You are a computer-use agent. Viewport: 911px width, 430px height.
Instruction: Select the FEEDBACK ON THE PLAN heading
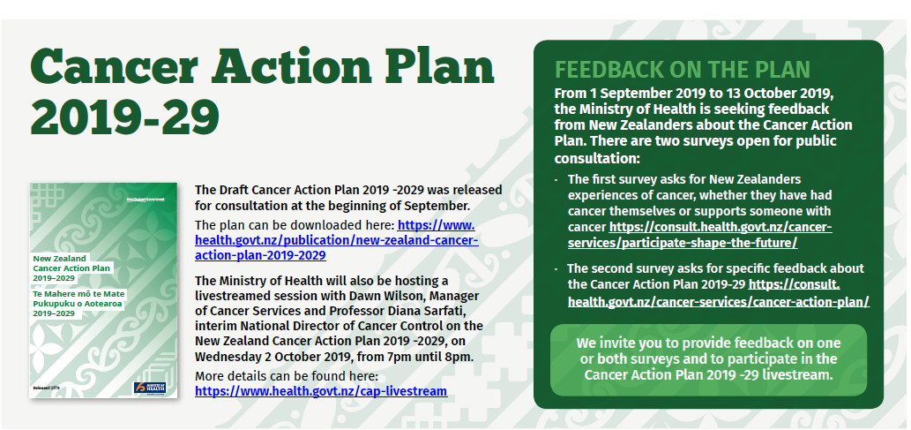pyautogui.click(x=682, y=71)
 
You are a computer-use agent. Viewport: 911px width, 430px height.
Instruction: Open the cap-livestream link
pyautogui.click(x=321, y=390)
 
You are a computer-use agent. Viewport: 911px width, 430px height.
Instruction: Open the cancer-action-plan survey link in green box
pyautogui.click(x=719, y=301)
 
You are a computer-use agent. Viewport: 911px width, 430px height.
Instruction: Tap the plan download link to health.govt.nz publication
pyautogui.click(x=336, y=240)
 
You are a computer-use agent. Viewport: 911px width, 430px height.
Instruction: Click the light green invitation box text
pyautogui.click(x=708, y=358)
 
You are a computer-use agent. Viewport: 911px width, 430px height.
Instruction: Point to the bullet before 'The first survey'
pyautogui.click(x=556, y=180)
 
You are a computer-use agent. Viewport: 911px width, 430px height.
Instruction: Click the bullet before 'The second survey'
pyautogui.click(x=556, y=268)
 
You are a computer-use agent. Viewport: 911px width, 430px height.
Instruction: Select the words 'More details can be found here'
pyautogui.click(x=286, y=376)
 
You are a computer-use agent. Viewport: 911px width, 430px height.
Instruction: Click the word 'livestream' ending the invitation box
pyautogui.click(x=798, y=374)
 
